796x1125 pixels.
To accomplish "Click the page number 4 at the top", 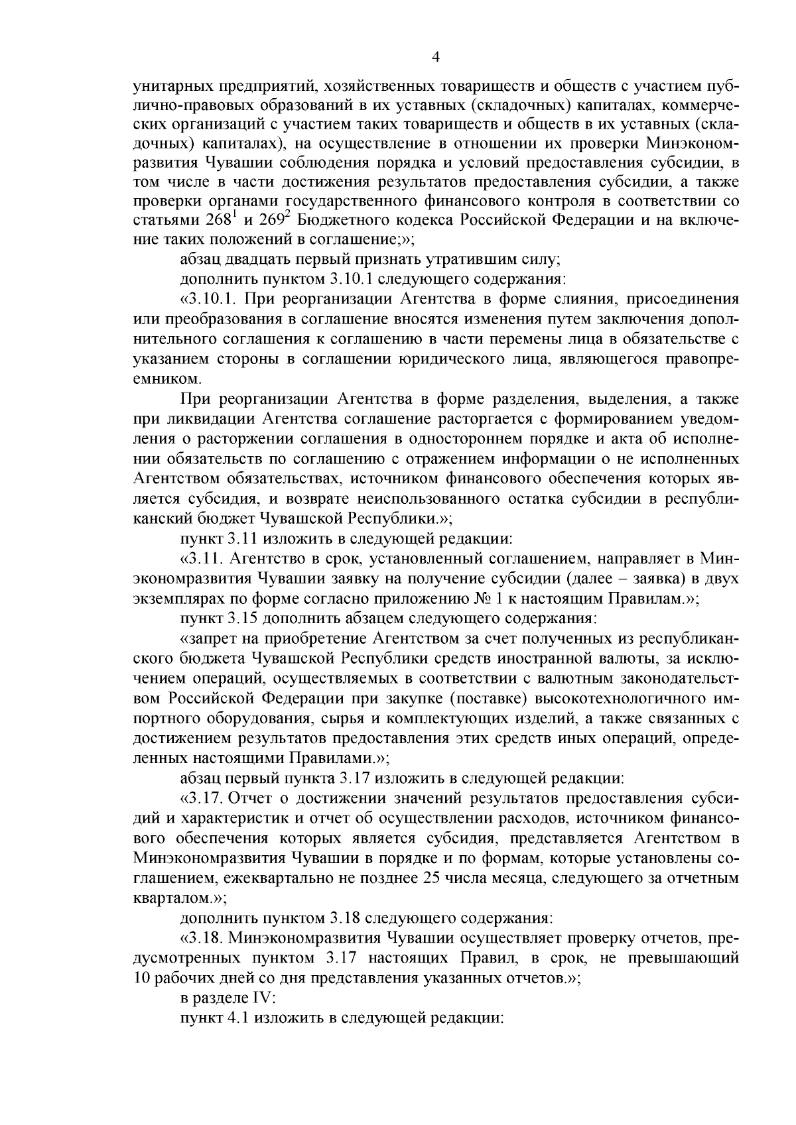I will (435, 58).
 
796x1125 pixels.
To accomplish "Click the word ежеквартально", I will (292, 878).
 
